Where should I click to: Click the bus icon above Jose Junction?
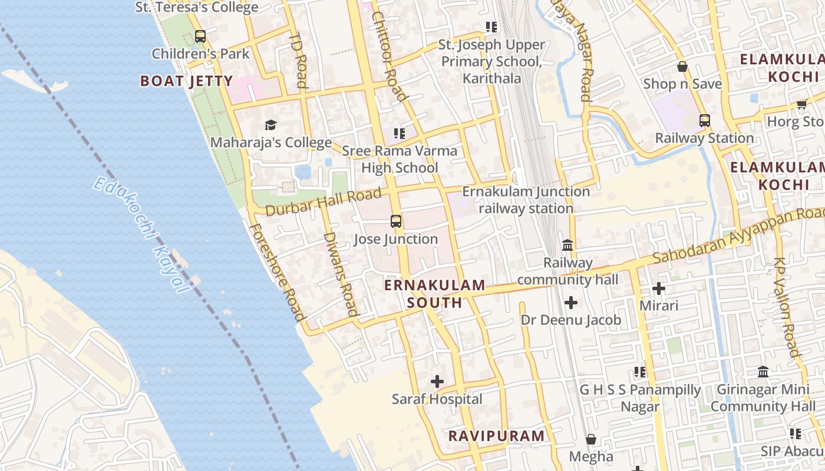click(x=396, y=221)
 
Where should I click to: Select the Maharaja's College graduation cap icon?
click(x=270, y=125)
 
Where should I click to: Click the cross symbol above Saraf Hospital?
click(x=437, y=382)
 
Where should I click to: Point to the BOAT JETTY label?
click(x=186, y=81)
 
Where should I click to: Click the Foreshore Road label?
click(x=277, y=271)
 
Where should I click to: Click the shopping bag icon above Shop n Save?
click(x=682, y=67)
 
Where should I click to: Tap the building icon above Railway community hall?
click(x=567, y=244)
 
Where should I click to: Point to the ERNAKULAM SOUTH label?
click(x=435, y=294)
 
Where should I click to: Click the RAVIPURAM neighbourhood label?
click(x=496, y=436)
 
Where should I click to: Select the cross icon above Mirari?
click(x=659, y=288)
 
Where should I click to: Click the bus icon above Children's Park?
click(x=200, y=36)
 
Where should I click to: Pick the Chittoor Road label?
click(x=389, y=56)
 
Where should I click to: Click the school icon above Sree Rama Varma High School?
click(x=400, y=134)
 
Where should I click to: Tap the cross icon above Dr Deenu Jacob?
click(x=570, y=303)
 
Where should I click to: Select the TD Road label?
click(x=299, y=59)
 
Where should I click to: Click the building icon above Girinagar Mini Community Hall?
click(x=763, y=372)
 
